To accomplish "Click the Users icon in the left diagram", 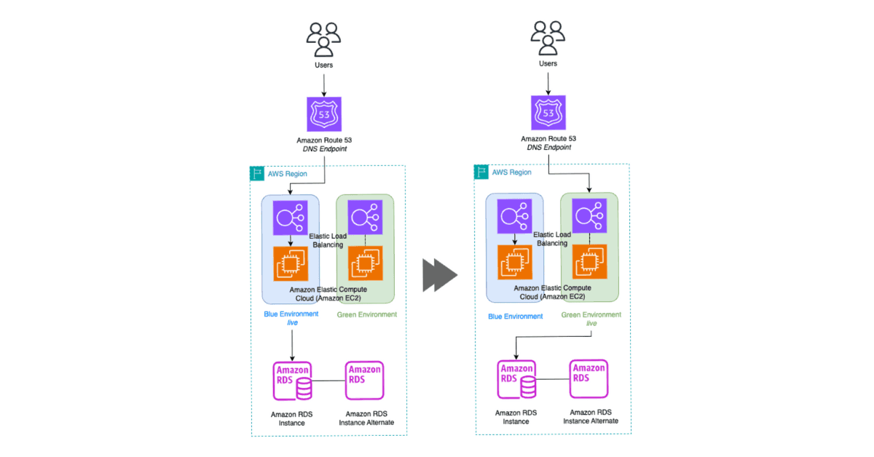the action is coord(323,39).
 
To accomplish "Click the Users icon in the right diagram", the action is coord(548,38).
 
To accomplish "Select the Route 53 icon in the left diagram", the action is coord(324,114).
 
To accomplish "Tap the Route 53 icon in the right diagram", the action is coord(548,113).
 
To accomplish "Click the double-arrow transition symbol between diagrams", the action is coord(440,275).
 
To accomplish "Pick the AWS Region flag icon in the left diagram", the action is coord(257,173).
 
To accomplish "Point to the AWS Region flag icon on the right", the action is coord(481,172).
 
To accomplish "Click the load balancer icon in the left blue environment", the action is coord(291,218).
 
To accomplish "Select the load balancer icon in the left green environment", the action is coord(365,217).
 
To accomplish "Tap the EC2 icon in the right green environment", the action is coord(589,262).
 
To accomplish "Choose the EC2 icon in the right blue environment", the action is coord(515,262).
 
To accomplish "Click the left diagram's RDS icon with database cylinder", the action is coord(292,381).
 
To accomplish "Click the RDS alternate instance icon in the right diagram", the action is coord(588,379).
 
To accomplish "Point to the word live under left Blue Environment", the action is coord(292,322).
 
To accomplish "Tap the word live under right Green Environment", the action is coord(591,323).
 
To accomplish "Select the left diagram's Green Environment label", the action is coord(367,314).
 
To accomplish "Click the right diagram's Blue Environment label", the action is coord(516,317).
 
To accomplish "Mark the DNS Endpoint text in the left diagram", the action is coord(325,148).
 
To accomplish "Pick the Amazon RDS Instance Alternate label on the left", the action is coord(366,418).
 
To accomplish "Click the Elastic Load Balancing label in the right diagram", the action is coord(552,239).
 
